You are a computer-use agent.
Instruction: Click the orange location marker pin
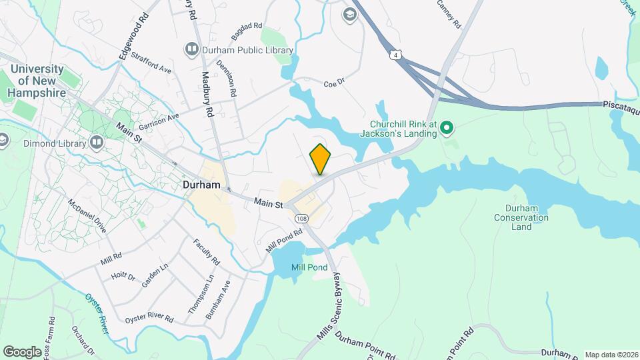321,159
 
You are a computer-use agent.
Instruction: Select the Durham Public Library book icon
192,49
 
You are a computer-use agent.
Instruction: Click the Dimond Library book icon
97,142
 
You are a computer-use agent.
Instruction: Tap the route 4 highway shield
397,56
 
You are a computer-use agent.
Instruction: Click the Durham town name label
201,185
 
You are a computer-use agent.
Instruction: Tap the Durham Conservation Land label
522,217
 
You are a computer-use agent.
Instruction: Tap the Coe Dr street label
333,83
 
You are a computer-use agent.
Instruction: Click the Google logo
22,351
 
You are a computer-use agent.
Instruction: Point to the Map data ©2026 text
611,354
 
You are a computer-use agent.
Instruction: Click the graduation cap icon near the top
349,15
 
